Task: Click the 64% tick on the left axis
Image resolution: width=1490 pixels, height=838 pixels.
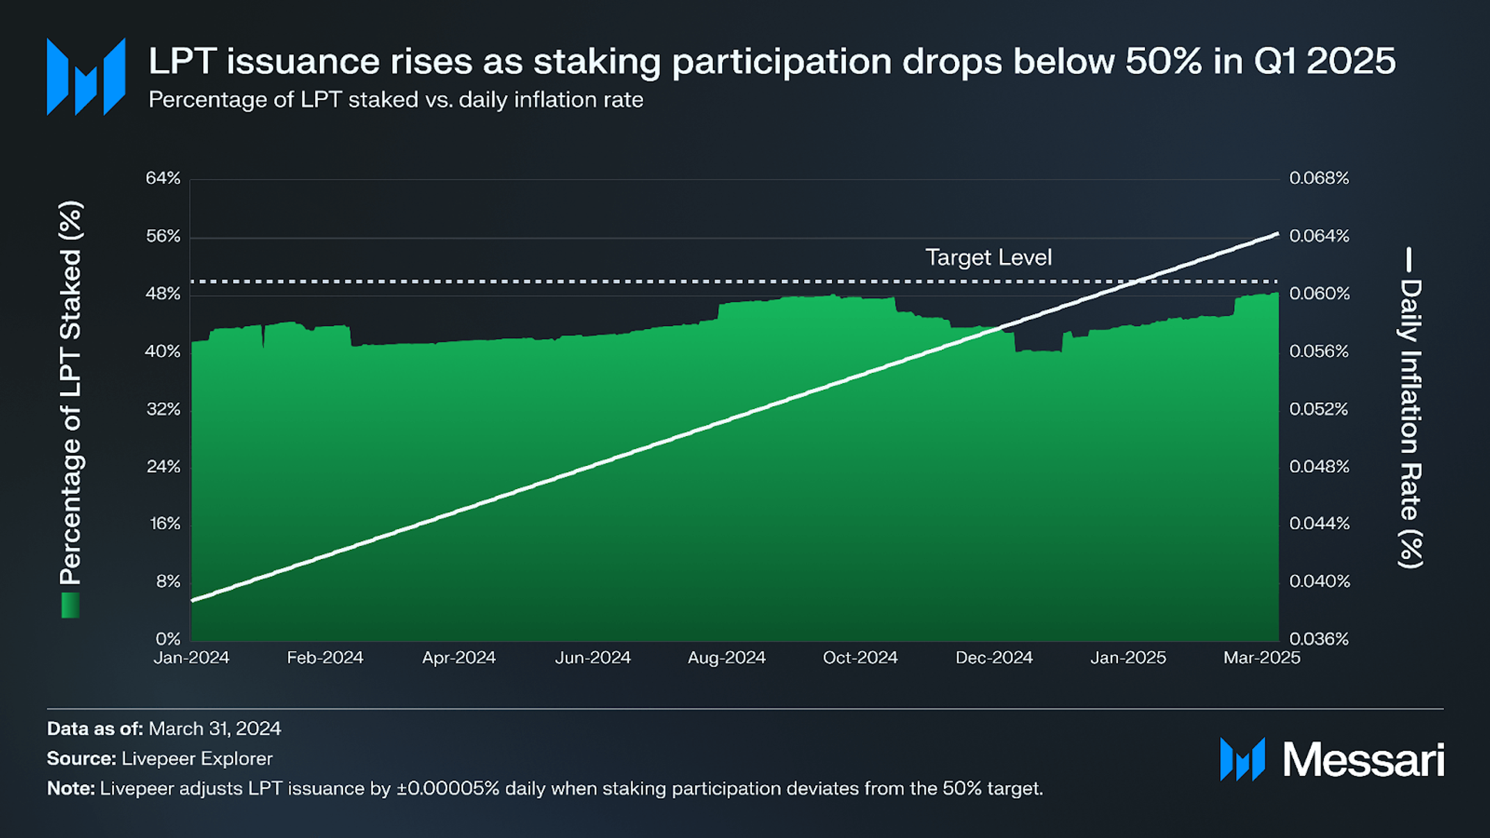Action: pos(163,178)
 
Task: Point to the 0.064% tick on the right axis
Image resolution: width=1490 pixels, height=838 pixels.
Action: pos(1319,236)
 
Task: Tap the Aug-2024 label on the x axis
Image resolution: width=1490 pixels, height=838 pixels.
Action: pos(726,657)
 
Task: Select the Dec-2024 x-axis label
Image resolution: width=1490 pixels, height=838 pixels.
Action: pos(993,657)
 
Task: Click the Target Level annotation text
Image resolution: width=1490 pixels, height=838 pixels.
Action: pos(988,257)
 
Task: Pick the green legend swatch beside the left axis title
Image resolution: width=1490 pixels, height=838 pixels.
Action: pos(70,605)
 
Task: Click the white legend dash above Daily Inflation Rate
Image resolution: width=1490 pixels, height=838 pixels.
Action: pos(1409,259)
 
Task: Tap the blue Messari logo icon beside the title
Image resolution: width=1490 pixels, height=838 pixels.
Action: pos(86,76)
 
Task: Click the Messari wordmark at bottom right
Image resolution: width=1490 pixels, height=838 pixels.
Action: pos(1363,759)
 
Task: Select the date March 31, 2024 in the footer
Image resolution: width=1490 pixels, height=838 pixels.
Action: pos(214,728)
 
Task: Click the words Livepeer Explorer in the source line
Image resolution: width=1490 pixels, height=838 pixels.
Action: pos(197,758)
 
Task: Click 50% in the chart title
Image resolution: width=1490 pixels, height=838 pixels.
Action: pos(1163,61)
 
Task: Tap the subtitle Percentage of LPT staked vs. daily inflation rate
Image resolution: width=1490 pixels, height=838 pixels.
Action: pos(396,99)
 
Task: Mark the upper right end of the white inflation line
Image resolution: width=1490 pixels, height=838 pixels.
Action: pos(1276,234)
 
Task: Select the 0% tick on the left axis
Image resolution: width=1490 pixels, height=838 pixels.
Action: pos(168,638)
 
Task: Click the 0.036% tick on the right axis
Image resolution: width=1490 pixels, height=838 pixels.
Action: pos(1319,638)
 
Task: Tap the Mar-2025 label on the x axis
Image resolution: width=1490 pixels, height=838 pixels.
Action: pos(1261,657)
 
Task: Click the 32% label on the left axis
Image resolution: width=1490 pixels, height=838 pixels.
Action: pos(163,409)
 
